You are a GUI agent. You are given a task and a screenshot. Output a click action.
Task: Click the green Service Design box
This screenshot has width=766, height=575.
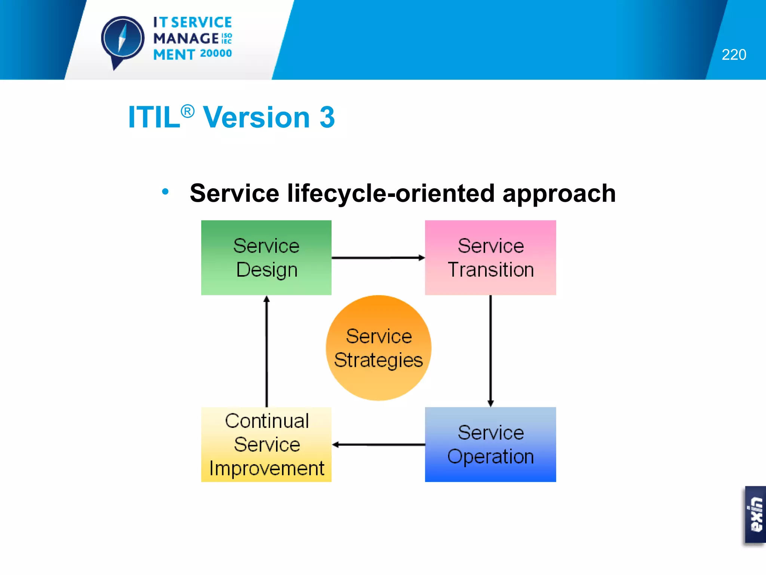(x=266, y=258)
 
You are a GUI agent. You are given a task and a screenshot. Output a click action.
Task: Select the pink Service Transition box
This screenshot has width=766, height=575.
(x=490, y=258)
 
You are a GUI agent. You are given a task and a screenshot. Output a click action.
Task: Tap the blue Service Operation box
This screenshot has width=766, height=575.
(x=490, y=444)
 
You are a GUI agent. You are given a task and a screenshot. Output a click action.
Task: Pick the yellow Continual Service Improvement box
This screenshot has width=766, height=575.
(x=266, y=444)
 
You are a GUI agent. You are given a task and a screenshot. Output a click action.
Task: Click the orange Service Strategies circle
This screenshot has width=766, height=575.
(x=379, y=348)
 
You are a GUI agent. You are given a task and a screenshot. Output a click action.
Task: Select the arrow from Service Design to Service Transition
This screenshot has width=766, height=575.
(x=378, y=258)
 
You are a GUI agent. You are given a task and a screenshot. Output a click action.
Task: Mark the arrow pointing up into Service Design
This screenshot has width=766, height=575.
(x=266, y=351)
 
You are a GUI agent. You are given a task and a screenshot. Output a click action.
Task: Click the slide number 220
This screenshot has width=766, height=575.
(x=734, y=55)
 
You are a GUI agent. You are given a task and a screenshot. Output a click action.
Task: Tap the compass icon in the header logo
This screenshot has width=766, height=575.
(x=123, y=39)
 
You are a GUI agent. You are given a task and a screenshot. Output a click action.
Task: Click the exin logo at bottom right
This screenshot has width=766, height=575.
(x=755, y=514)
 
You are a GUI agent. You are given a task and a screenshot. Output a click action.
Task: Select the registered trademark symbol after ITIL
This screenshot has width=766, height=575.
(x=187, y=111)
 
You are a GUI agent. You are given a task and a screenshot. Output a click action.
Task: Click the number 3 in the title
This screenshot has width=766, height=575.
(x=327, y=117)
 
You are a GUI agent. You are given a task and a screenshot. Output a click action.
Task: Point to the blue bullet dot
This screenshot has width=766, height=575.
(x=165, y=192)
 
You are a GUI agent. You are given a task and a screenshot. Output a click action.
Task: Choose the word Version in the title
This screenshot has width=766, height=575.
(x=257, y=117)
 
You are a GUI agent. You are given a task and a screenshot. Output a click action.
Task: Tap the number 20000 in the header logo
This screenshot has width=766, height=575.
(x=216, y=54)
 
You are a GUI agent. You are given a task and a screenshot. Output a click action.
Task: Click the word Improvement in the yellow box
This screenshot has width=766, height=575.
(x=266, y=468)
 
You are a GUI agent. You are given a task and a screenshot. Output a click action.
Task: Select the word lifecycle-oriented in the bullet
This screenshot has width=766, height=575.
(x=391, y=194)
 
